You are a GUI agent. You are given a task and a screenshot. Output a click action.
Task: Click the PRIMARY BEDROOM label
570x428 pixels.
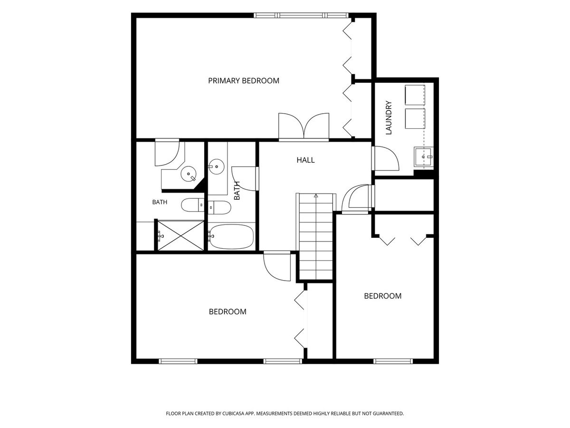tap(243, 80)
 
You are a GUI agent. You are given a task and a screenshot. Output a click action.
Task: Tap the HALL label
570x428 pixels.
tap(305, 160)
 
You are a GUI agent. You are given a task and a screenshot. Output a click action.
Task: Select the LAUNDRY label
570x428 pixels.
tap(389, 117)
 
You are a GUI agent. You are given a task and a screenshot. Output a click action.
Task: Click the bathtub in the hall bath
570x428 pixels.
tap(231, 236)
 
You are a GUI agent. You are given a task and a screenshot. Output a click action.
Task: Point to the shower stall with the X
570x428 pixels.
tap(180, 235)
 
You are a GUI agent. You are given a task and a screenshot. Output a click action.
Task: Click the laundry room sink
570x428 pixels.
tap(424, 157)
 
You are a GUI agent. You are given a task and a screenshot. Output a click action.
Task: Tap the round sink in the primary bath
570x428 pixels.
tap(189, 174)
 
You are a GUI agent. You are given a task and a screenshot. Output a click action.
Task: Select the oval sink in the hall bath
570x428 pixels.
tap(216, 166)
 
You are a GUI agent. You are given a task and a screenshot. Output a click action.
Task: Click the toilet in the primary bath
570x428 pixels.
tap(192, 205)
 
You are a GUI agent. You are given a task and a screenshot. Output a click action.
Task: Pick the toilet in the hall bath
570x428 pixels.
tap(219, 207)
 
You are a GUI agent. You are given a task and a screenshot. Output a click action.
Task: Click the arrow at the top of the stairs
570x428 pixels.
tap(316, 195)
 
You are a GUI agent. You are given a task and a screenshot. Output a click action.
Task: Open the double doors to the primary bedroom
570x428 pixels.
tap(304, 127)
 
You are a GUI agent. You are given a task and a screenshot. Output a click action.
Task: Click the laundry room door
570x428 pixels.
tap(386, 158)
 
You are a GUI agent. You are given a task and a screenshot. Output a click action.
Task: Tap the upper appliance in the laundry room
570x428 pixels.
tap(415, 95)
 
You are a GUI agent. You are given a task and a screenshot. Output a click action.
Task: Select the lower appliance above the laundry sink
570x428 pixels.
tap(415, 118)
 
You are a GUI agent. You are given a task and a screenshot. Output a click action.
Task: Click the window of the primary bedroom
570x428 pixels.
tap(301, 15)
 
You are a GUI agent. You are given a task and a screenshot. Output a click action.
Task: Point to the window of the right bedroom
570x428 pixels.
tap(393, 361)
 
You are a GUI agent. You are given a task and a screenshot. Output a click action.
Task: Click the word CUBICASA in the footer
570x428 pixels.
tap(233, 413)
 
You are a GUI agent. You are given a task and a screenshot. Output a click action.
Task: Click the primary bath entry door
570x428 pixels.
tap(167, 152)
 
